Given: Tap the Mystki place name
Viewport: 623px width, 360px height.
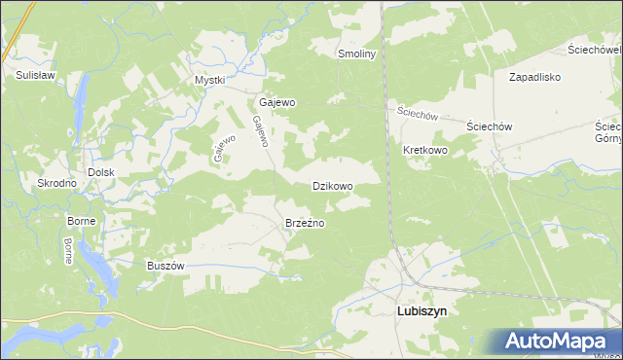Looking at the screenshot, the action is pyautogui.click(x=209, y=80).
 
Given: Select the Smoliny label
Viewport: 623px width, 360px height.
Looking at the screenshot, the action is pyautogui.click(x=356, y=54).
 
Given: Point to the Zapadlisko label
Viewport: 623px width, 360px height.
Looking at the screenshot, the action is pyautogui.click(x=535, y=75).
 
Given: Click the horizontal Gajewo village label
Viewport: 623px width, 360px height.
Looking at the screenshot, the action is pyautogui.click(x=277, y=101).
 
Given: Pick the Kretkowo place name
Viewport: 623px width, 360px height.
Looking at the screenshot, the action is pyautogui.click(x=424, y=151).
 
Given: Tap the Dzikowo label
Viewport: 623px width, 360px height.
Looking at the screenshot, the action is pyautogui.click(x=332, y=185).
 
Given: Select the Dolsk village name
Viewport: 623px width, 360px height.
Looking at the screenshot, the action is pyautogui.click(x=101, y=172).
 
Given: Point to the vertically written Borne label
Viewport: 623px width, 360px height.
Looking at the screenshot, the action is pyautogui.click(x=67, y=251).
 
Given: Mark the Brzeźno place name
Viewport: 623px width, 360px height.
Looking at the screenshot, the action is pyautogui.click(x=305, y=223).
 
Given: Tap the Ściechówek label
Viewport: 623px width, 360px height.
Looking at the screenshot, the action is pyautogui.click(x=594, y=49).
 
